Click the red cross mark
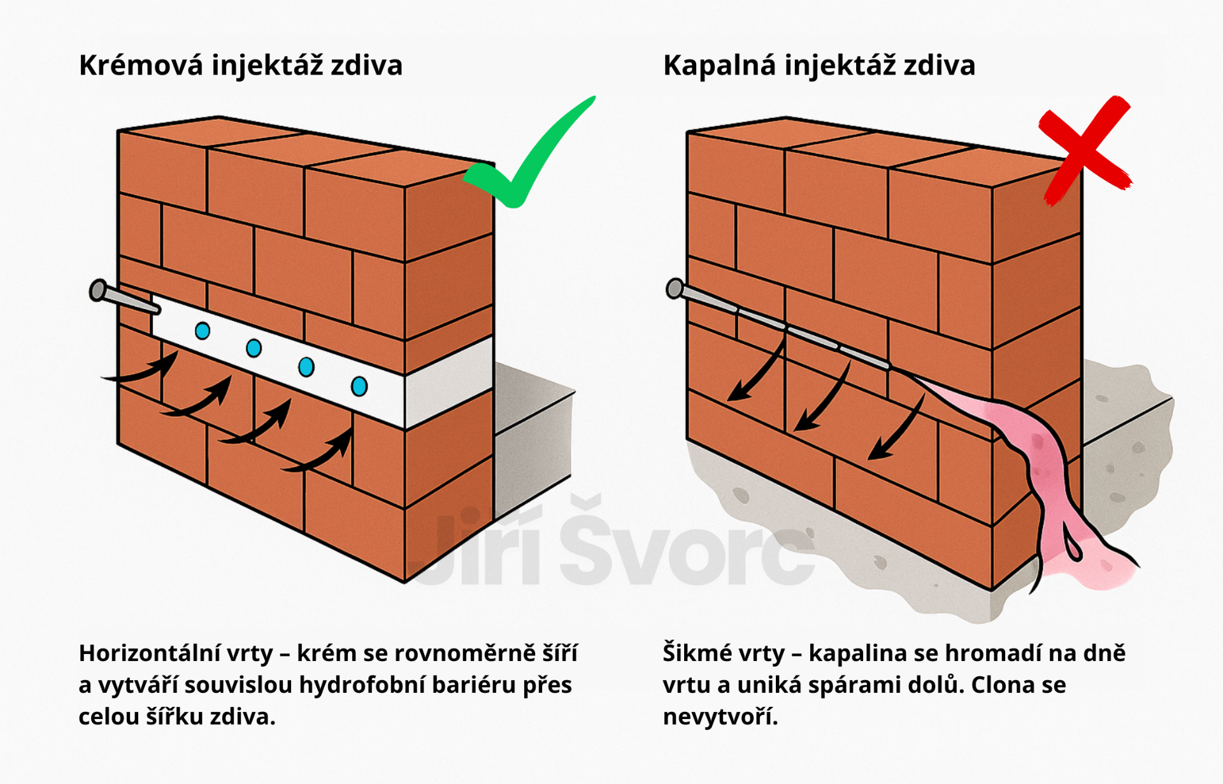(x=1085, y=150)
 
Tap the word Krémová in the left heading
(x=141, y=65)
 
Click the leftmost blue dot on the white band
(x=203, y=331)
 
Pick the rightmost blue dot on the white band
(x=359, y=386)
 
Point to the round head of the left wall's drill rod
(x=98, y=290)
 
